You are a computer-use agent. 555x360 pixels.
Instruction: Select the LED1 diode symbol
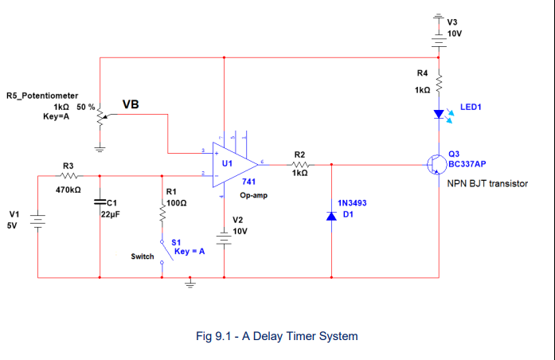click(438, 114)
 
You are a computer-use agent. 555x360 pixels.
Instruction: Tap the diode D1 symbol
click(330, 215)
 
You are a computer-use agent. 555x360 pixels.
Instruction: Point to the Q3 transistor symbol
click(436, 164)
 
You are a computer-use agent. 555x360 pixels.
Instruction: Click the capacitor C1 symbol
click(100, 202)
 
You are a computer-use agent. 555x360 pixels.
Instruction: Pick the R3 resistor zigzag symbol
click(68, 176)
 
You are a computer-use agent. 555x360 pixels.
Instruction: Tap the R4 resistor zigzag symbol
click(438, 80)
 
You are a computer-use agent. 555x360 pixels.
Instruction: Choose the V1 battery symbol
click(38, 220)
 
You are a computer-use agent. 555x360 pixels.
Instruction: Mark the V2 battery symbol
click(225, 238)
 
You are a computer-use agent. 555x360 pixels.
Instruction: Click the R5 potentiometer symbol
click(100, 117)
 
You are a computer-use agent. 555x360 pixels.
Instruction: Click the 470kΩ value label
click(68, 190)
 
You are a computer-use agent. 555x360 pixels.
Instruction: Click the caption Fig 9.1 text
click(276, 336)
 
